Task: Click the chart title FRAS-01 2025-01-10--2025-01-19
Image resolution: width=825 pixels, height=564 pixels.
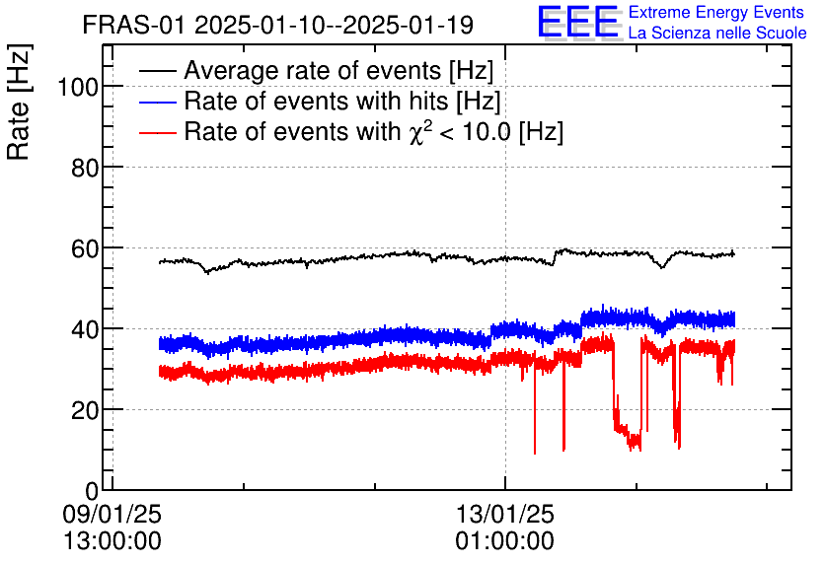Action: tap(277, 24)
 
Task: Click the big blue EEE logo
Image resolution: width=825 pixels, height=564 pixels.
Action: tap(579, 22)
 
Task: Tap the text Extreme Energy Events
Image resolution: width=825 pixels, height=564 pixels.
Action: tap(716, 13)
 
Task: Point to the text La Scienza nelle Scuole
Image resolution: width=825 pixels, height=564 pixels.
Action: tap(717, 34)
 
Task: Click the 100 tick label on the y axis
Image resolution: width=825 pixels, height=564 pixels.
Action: tap(78, 87)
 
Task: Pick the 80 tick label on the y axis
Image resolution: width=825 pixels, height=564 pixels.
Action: tap(85, 168)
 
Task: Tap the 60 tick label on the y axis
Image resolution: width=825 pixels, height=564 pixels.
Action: tap(85, 248)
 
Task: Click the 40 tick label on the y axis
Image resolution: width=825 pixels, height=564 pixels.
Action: tap(85, 329)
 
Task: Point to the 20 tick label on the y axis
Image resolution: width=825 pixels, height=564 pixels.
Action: tap(85, 410)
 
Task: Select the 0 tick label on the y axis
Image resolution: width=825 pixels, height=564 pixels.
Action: tap(92, 491)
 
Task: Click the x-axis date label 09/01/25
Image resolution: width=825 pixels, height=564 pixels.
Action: tap(112, 515)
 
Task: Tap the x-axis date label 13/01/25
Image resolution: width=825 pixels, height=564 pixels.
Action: tap(504, 515)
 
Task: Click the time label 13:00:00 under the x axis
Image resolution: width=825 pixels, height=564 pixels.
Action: tap(112, 540)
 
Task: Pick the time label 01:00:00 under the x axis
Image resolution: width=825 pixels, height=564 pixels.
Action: tap(504, 540)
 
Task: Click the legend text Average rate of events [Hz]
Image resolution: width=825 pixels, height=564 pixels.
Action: tap(338, 72)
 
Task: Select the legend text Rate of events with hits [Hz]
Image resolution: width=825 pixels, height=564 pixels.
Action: tap(341, 102)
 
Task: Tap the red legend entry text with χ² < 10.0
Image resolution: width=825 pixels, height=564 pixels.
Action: tap(373, 132)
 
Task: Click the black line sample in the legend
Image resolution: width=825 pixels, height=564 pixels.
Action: tap(158, 72)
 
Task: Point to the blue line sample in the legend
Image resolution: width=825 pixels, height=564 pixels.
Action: tap(158, 102)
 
